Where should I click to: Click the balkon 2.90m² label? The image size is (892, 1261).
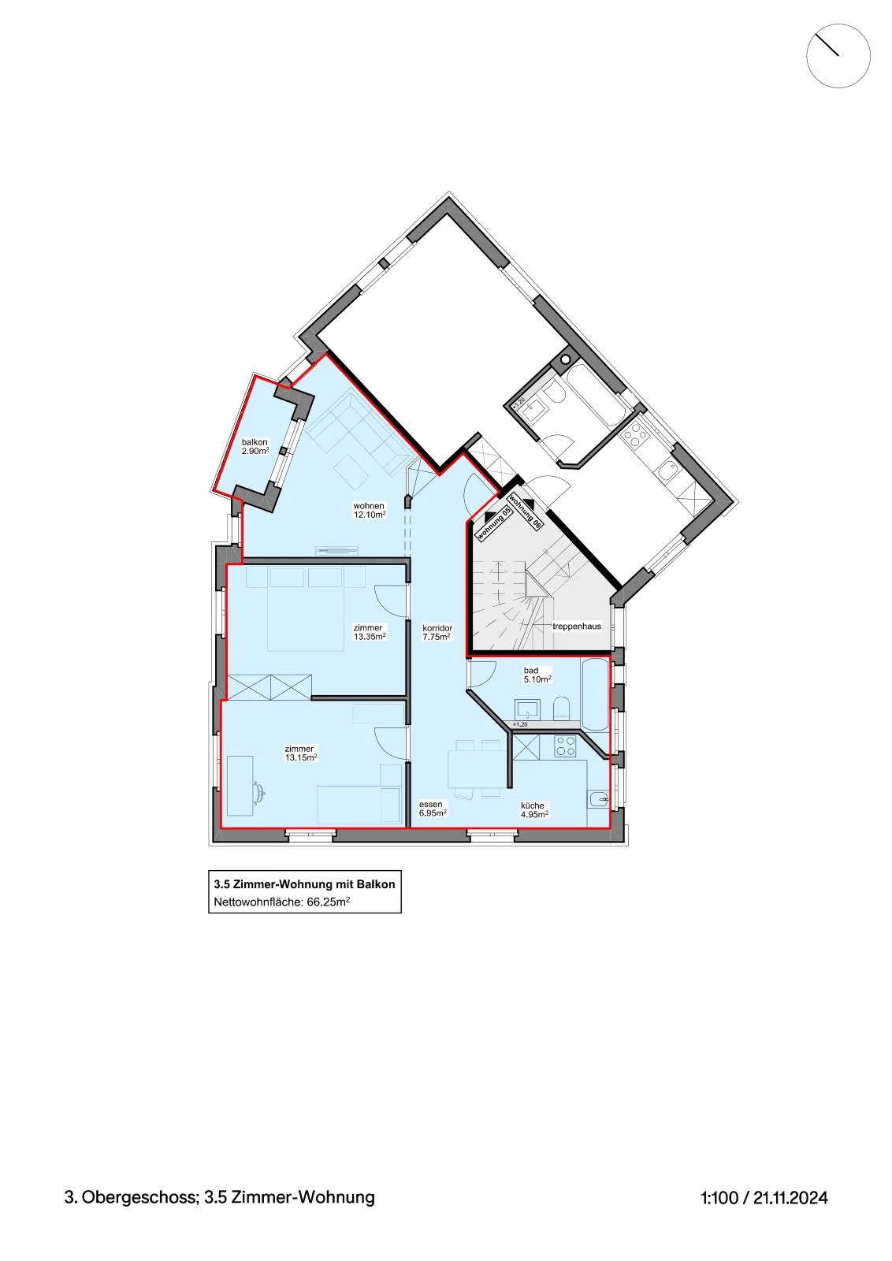click(255, 446)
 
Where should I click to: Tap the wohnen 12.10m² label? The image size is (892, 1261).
click(370, 510)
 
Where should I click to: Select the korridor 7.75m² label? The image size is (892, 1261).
click(437, 632)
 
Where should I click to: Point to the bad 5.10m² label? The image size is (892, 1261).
click(537, 675)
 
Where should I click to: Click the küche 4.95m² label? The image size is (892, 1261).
click(534, 809)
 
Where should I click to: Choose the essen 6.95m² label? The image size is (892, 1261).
click(433, 809)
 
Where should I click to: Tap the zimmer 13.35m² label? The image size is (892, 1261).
click(370, 631)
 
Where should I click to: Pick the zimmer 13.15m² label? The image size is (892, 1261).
click(300, 753)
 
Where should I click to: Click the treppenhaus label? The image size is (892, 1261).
click(576, 626)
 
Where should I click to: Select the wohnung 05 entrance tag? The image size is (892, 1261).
click(493, 523)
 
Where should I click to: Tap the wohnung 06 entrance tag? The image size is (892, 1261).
click(526, 511)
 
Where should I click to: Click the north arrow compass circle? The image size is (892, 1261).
click(838, 56)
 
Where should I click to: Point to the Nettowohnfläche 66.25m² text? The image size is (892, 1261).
click(281, 902)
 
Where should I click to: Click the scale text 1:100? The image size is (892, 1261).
click(719, 1197)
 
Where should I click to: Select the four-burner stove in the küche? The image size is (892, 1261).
click(565, 746)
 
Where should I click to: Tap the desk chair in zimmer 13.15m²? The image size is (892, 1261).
click(259, 791)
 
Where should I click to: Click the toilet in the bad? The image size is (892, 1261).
click(561, 709)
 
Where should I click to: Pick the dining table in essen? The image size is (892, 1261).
click(478, 768)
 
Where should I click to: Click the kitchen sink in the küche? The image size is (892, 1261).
click(597, 799)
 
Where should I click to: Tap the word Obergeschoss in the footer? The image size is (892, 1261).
click(140, 1197)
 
